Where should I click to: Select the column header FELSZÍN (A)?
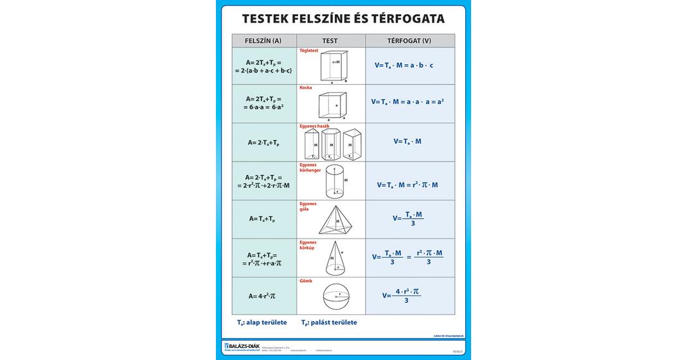tap(263, 41)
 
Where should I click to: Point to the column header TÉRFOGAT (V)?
tap(409, 41)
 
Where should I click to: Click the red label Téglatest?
tap(309, 51)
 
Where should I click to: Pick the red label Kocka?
tap(306, 87)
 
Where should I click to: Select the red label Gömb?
tap(305, 282)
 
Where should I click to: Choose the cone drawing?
tap(334, 257)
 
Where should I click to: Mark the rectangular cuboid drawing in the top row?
tap(334, 66)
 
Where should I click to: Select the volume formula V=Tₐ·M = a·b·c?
tap(404, 65)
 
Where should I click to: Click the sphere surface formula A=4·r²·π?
tap(262, 296)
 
